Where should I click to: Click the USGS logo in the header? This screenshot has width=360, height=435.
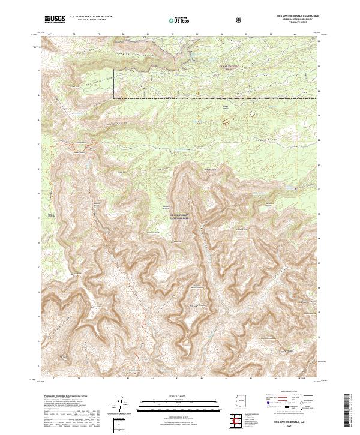pos(55,19)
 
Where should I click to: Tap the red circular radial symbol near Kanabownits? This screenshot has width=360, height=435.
pos(226,122)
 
